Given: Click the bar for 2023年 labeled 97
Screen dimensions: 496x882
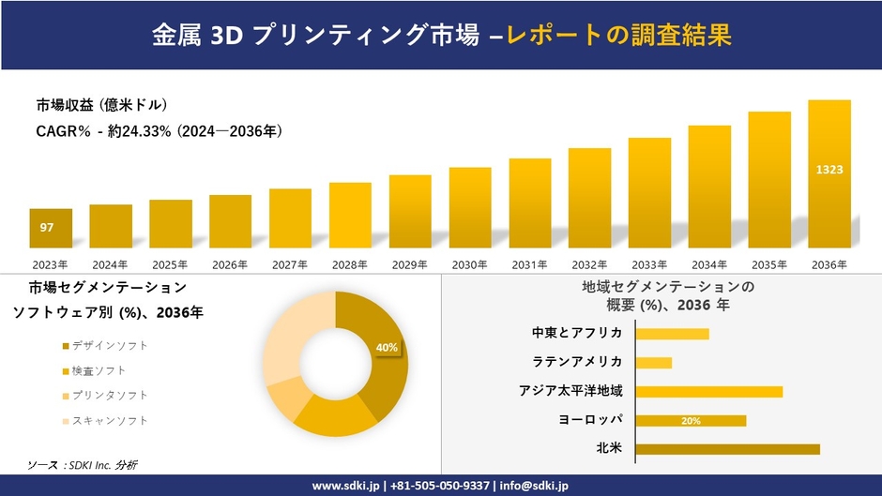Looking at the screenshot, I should point(50,228).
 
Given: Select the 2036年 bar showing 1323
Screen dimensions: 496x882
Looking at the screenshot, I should point(829,173).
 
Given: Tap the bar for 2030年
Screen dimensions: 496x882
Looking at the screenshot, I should point(469,207).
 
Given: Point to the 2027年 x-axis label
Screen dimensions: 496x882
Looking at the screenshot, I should point(290,264).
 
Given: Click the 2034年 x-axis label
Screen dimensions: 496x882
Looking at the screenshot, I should point(709,264).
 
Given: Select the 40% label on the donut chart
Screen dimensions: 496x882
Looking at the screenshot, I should point(387,348).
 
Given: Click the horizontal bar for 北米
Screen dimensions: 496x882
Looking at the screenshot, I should point(727,449).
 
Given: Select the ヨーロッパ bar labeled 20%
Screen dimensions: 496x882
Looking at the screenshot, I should point(691,421).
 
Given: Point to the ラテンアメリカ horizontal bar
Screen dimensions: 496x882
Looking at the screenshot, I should point(654,363).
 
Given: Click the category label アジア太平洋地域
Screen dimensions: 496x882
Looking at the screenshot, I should point(570,391).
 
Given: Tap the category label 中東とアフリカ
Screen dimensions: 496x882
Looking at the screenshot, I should point(577,333).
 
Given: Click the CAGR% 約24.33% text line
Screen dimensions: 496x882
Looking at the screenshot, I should point(160,132).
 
